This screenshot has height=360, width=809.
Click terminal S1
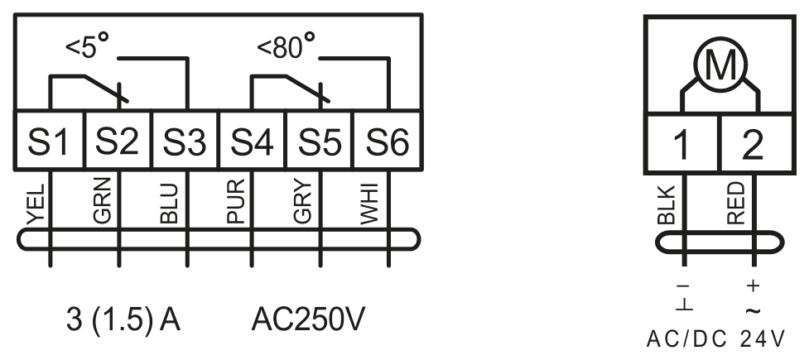50,140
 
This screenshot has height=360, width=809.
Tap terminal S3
185,140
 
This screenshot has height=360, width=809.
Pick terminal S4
253,140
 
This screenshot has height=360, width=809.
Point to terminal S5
320,140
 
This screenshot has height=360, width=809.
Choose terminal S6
388,140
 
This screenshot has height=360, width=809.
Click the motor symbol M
720,65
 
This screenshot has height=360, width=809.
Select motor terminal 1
682,144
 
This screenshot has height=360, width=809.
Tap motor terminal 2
756,144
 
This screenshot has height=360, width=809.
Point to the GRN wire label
103,200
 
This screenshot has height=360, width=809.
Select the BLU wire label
169,204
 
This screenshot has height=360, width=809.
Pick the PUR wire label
236,201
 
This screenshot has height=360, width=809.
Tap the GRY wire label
303,202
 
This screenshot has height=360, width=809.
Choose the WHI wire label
369,204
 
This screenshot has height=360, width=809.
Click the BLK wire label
667,204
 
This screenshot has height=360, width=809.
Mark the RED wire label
736,204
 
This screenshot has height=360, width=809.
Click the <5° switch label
88,46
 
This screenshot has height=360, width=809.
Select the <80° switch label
287,46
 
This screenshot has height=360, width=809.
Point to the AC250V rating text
308,319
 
